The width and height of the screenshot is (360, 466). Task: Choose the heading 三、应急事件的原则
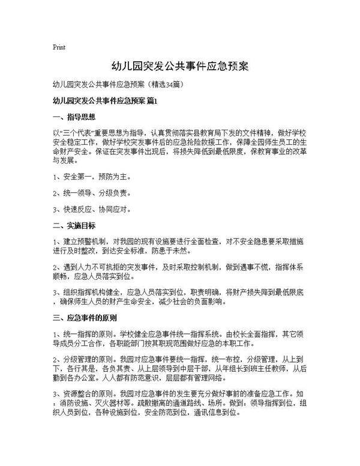tap(85, 318)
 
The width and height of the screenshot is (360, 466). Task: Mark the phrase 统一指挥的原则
tap(89, 333)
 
